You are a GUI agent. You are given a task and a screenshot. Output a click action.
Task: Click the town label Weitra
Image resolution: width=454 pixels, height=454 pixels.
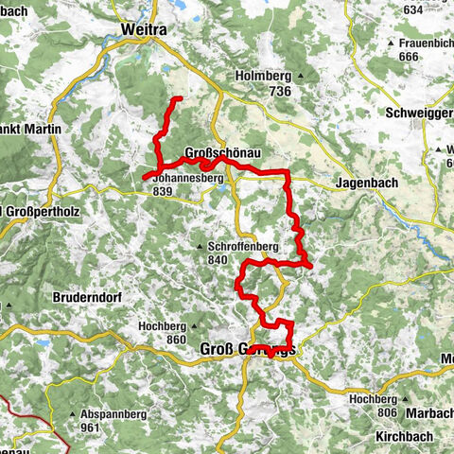click(144, 30)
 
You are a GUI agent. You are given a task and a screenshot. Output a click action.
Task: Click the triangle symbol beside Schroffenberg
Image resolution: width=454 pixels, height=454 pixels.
click(201, 247)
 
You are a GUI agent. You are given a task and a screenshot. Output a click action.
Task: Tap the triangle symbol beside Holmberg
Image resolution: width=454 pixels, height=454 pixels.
click(301, 76)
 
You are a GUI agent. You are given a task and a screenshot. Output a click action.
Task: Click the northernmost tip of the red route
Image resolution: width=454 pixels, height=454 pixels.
click(177, 98)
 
